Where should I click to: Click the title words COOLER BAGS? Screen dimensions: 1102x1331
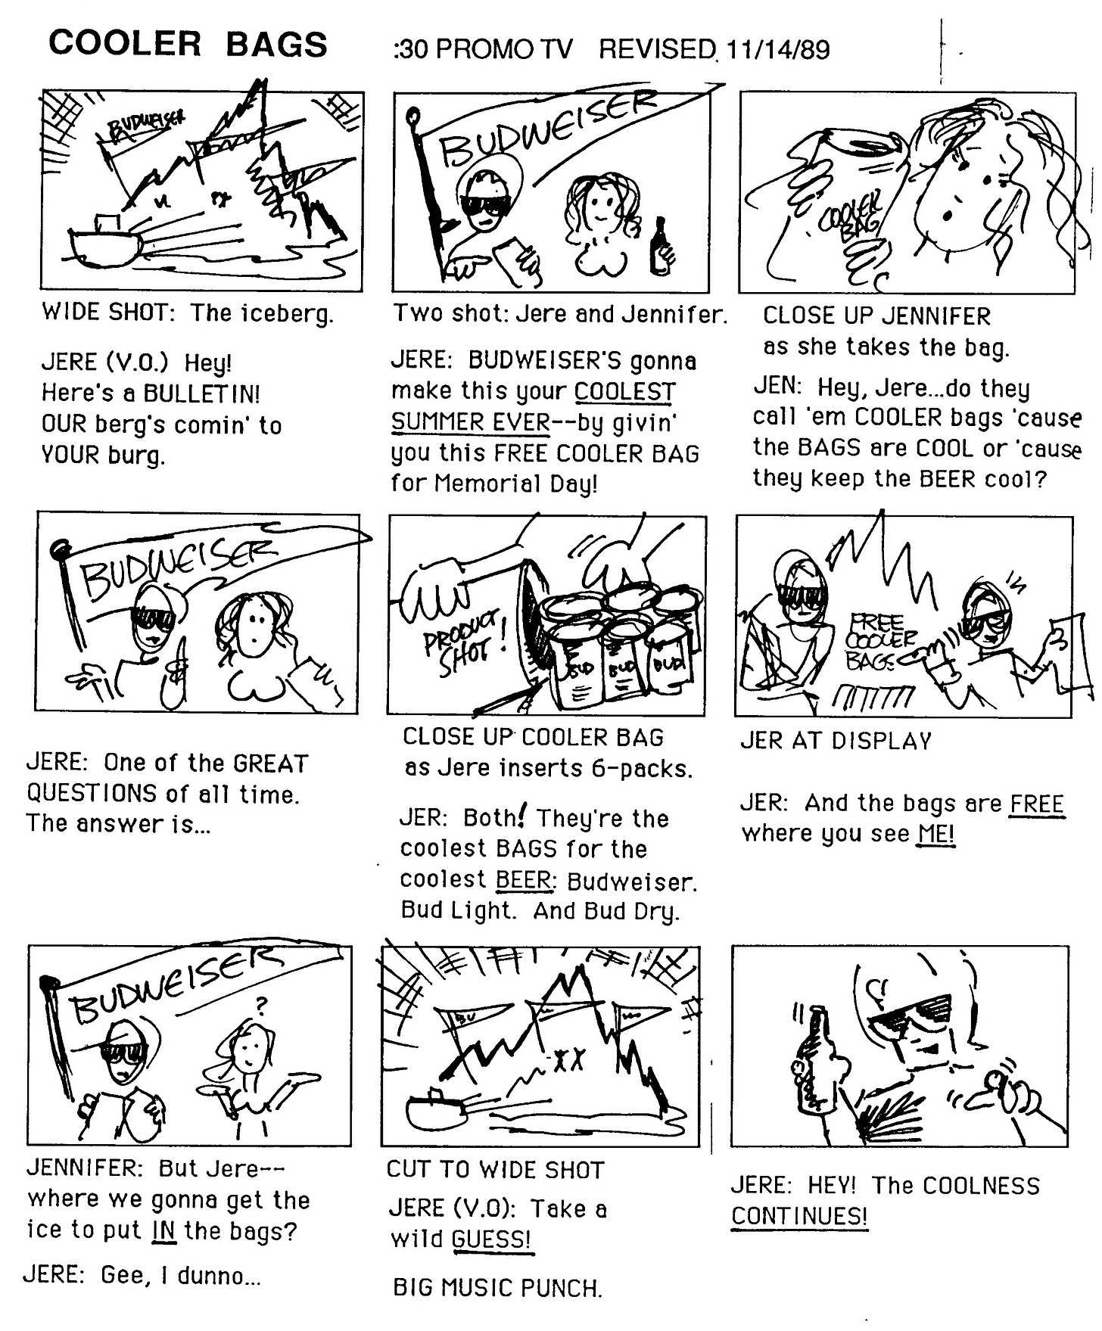188,45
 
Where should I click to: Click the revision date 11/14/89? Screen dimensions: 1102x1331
777,50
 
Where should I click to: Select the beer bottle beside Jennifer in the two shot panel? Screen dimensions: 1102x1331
661,246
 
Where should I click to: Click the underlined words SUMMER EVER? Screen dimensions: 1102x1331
470,422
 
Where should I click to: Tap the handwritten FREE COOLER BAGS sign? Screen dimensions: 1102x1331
882,642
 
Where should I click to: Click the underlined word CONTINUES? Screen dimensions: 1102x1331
799,1217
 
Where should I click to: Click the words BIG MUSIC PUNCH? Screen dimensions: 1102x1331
497,1288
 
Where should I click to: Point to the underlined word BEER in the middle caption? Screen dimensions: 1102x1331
523,880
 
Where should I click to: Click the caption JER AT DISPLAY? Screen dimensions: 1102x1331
836,741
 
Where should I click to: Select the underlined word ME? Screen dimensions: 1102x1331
936,834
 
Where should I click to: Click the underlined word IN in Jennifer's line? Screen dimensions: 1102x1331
164,1231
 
